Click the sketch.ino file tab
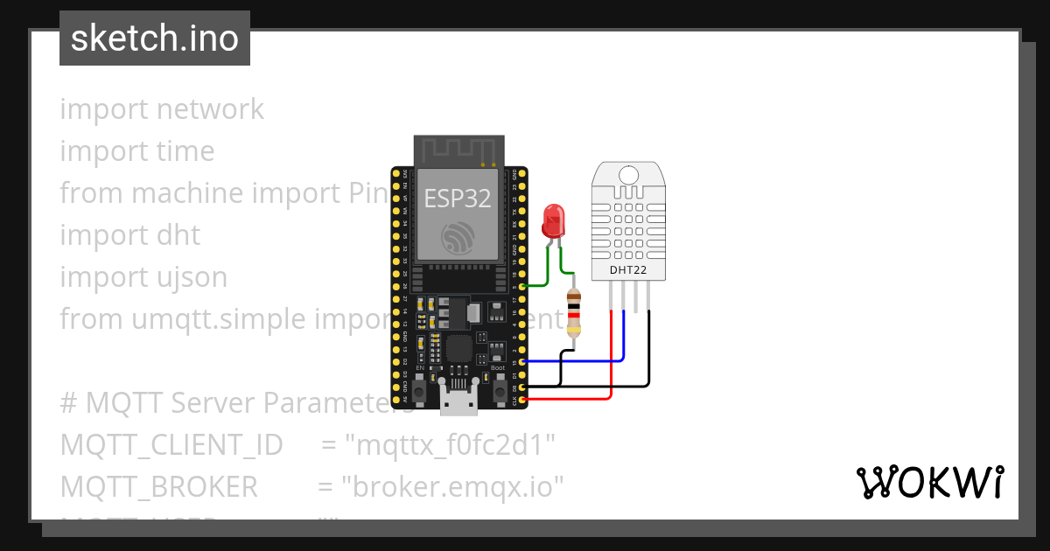click(x=154, y=38)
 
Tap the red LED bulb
click(x=553, y=220)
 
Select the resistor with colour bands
click(x=574, y=313)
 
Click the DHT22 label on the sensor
click(x=628, y=271)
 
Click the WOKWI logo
click(x=929, y=482)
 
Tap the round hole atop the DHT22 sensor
click(x=628, y=175)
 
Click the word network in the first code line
click(x=210, y=109)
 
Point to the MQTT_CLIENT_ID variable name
click(x=171, y=445)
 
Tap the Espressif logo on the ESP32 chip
click(x=456, y=238)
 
